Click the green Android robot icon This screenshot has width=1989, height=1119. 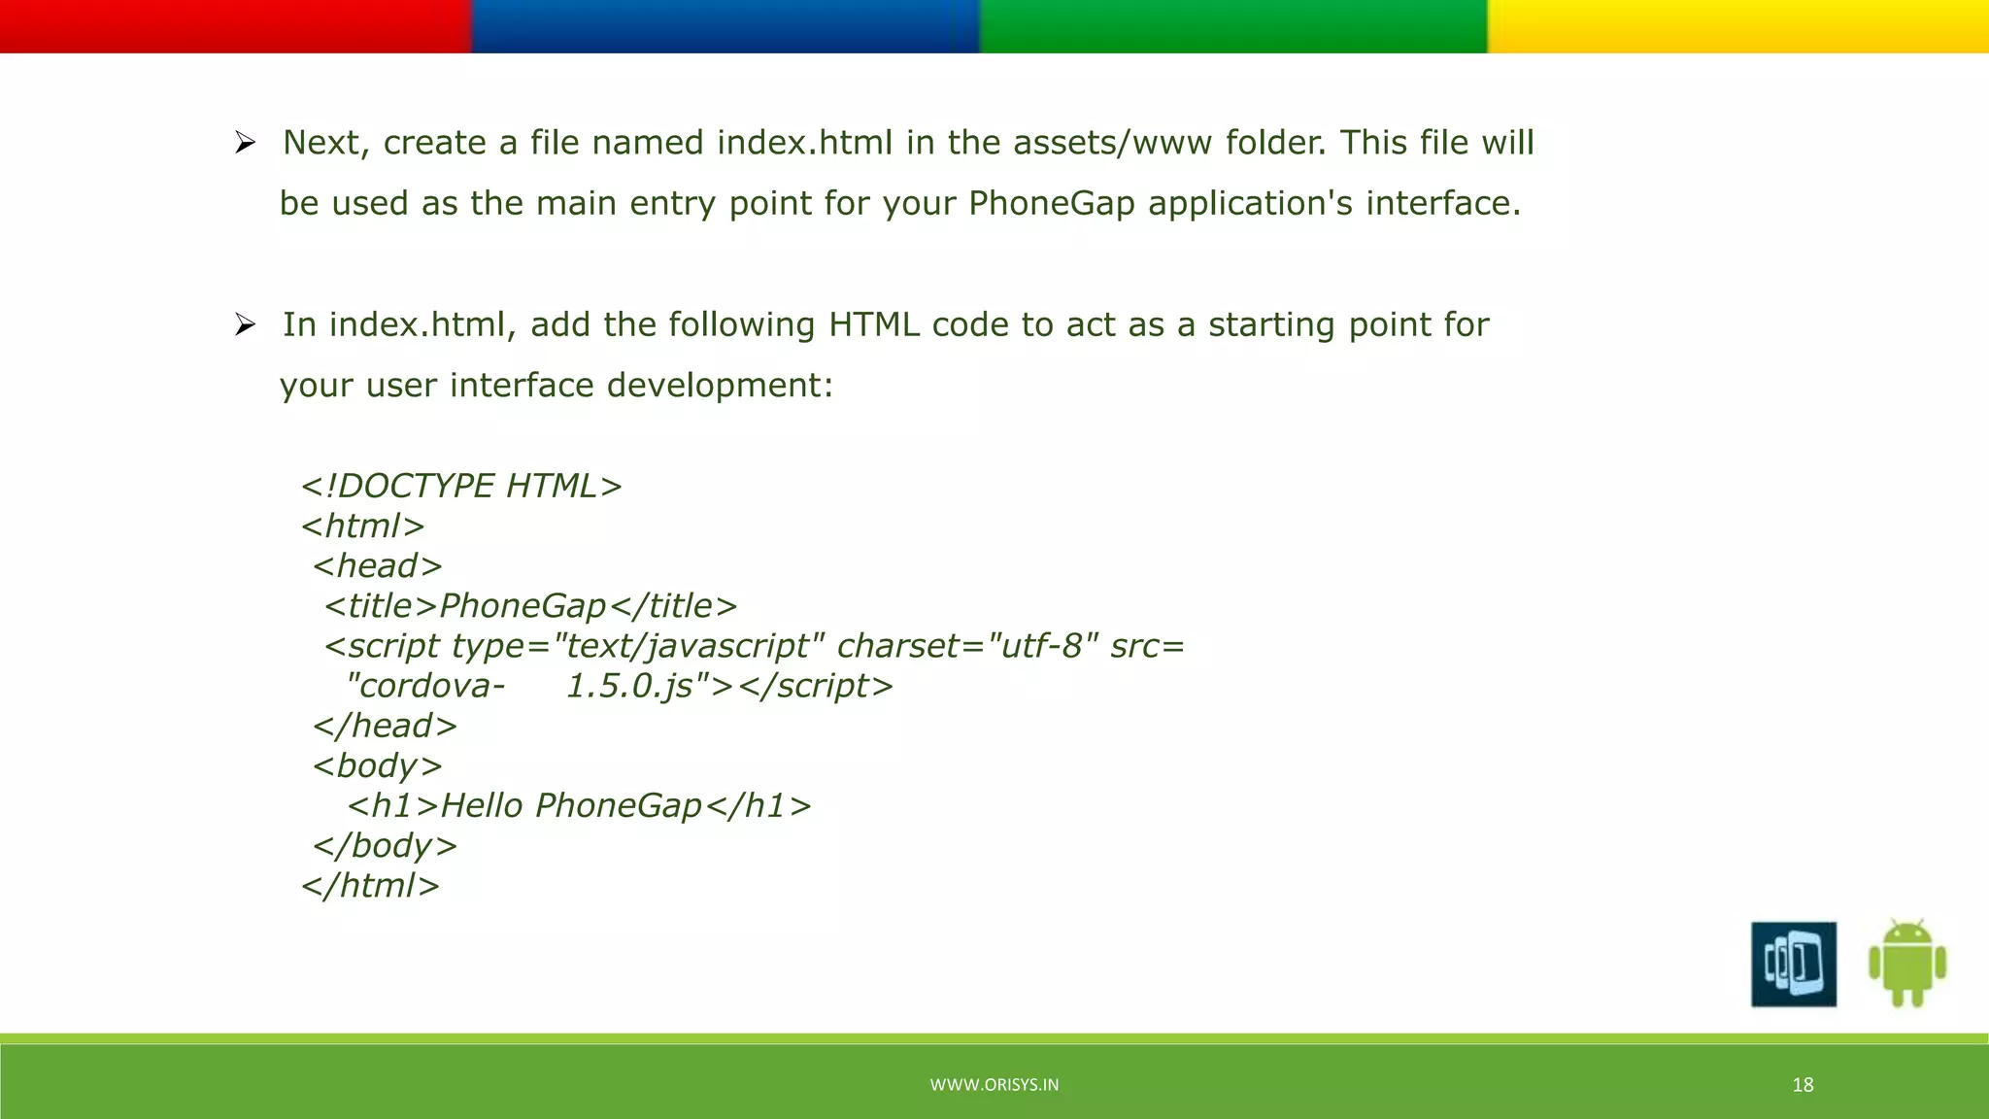(1906, 963)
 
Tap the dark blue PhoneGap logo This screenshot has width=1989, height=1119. (1793, 964)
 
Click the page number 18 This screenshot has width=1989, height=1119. (1803, 1085)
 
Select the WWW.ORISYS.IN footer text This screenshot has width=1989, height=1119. (994, 1085)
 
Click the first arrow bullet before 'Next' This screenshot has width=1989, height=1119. (245, 144)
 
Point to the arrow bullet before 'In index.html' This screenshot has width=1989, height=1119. (245, 324)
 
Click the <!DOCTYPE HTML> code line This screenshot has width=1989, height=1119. (461, 486)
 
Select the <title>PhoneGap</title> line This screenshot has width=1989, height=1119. (530, 606)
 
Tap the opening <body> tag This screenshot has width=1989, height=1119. (377, 766)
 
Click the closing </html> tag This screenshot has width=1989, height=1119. (370, 886)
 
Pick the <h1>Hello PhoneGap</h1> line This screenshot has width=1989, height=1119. (579, 806)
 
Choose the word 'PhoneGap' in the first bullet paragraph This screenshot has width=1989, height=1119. (1051, 203)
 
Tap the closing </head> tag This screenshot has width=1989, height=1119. (385, 726)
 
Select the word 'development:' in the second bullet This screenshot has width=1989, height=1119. (720, 386)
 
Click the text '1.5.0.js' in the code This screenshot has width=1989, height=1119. (629, 686)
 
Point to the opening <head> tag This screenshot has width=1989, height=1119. (377, 565)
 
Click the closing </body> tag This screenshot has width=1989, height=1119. (385, 846)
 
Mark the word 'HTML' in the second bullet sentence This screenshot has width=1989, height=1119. (873, 324)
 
